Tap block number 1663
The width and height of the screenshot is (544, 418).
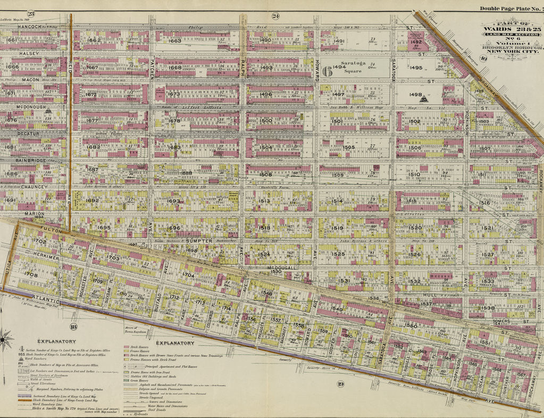pos(175,40)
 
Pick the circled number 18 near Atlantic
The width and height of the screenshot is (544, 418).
pos(73,327)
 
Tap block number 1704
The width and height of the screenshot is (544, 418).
pos(188,275)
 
